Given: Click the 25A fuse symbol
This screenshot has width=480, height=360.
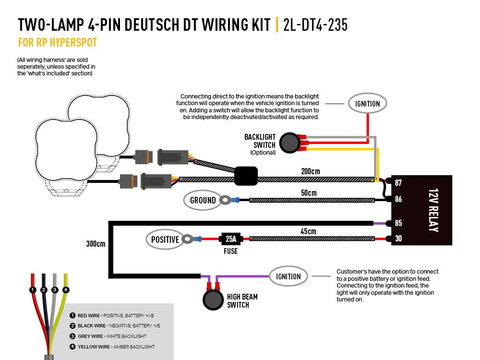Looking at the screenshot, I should (x=230, y=239).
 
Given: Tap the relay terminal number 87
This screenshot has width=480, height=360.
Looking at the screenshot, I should (x=398, y=183).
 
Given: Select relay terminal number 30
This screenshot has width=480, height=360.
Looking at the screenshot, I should (x=398, y=239).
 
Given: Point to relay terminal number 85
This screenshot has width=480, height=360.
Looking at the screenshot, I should (x=398, y=223).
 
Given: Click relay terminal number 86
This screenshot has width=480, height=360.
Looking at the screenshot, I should (x=398, y=199).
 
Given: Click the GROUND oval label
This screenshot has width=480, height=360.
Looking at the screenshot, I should (x=203, y=200).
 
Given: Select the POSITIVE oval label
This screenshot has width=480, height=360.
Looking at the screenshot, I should (x=165, y=240).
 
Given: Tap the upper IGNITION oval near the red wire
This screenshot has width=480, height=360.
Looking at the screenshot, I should (x=367, y=104).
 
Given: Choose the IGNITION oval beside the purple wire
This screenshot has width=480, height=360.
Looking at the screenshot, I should (x=288, y=276).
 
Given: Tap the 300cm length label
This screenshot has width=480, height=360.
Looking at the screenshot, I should (x=96, y=244).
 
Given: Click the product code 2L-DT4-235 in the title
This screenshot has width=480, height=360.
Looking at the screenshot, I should (x=315, y=25).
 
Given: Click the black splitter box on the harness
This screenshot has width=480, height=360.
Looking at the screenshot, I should (x=246, y=176).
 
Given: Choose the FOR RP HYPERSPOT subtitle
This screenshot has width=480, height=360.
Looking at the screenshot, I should (x=58, y=43).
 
